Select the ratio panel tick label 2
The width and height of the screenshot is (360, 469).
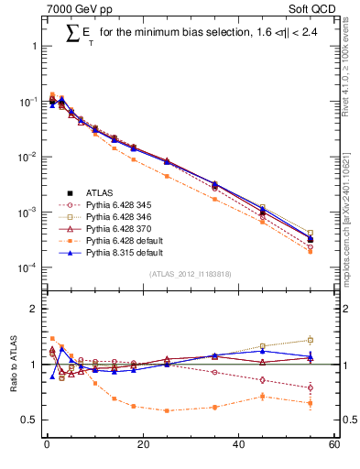(x=35, y=309)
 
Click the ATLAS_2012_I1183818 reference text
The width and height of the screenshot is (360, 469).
(x=191, y=275)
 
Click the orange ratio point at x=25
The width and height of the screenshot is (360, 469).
(x=167, y=410)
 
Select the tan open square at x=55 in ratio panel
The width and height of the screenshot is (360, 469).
(x=311, y=340)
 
